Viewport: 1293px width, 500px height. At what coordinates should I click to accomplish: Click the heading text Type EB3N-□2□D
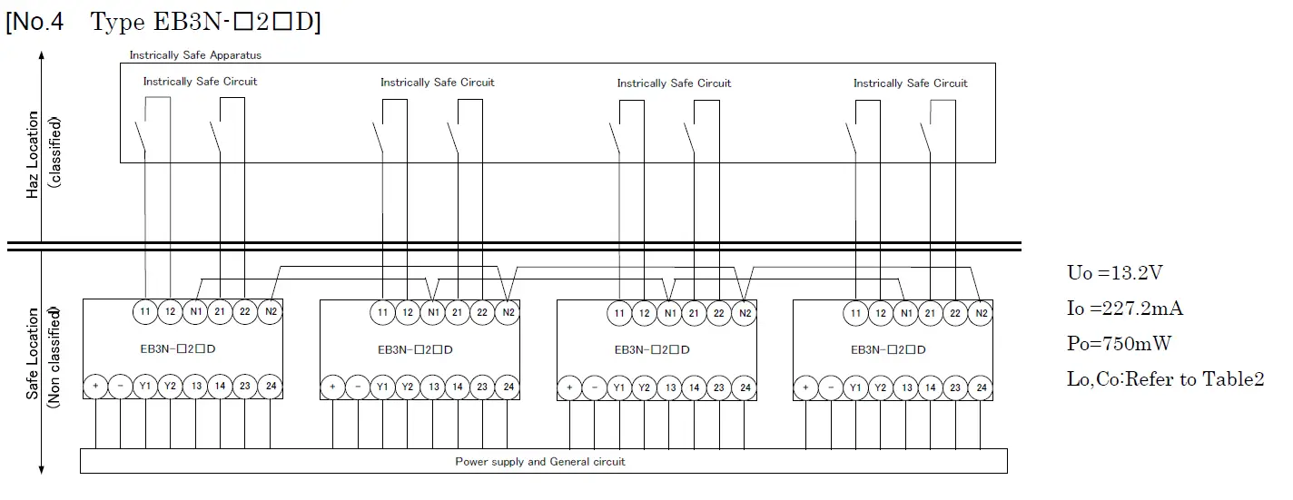point(205,23)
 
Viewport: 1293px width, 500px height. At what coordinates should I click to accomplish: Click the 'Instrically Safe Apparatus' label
point(195,55)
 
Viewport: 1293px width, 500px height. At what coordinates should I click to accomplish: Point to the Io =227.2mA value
point(1125,309)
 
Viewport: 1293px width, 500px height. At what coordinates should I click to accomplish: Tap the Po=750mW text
point(1116,344)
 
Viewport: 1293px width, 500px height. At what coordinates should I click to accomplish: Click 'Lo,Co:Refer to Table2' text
point(1165,379)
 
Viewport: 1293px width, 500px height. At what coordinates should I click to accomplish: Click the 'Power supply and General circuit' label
point(539,462)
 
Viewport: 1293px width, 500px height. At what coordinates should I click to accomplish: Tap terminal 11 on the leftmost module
point(145,311)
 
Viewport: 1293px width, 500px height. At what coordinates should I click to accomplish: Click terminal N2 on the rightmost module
point(981,314)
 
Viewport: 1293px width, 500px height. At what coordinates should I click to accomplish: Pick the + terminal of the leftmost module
point(95,387)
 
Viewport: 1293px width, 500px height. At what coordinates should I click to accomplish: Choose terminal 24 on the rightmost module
point(982,387)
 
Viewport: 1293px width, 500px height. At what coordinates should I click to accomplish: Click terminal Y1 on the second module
point(382,387)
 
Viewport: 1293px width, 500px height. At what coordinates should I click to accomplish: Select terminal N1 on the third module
point(670,314)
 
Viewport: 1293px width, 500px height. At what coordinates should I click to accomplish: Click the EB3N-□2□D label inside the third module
point(651,349)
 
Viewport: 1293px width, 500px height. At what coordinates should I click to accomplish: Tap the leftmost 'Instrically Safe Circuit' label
point(200,82)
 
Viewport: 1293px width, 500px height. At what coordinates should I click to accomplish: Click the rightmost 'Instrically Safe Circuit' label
point(910,83)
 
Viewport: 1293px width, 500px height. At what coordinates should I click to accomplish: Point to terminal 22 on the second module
point(483,313)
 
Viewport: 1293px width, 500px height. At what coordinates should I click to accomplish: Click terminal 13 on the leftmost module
point(195,387)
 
